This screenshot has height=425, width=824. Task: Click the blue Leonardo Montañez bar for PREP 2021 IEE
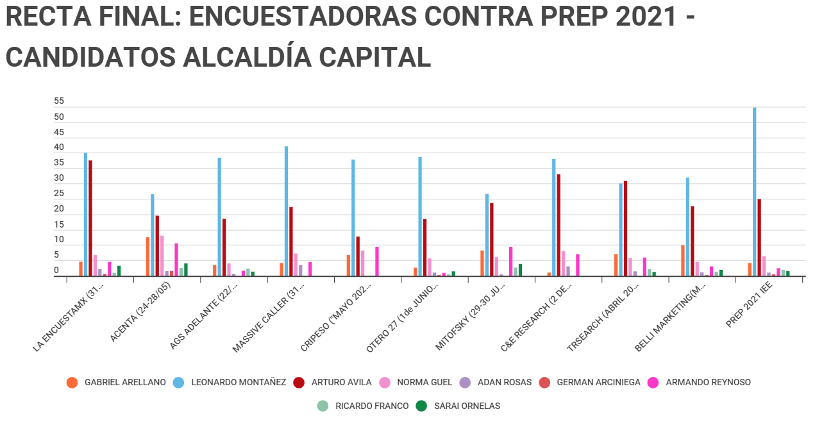pos(754,192)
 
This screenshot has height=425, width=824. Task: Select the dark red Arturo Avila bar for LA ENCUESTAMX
pos(90,218)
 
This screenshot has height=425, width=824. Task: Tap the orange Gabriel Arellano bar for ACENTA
pos(147,256)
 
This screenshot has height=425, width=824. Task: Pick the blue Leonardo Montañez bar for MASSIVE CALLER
pos(286,211)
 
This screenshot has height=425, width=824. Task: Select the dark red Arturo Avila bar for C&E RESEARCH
pos(559,225)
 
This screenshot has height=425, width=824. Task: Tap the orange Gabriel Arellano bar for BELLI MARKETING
pos(683,260)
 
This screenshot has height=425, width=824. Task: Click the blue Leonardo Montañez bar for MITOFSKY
pos(487,235)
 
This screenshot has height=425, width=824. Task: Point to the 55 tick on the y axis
pos(59,101)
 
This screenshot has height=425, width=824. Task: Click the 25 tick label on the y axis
pos(59,194)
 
